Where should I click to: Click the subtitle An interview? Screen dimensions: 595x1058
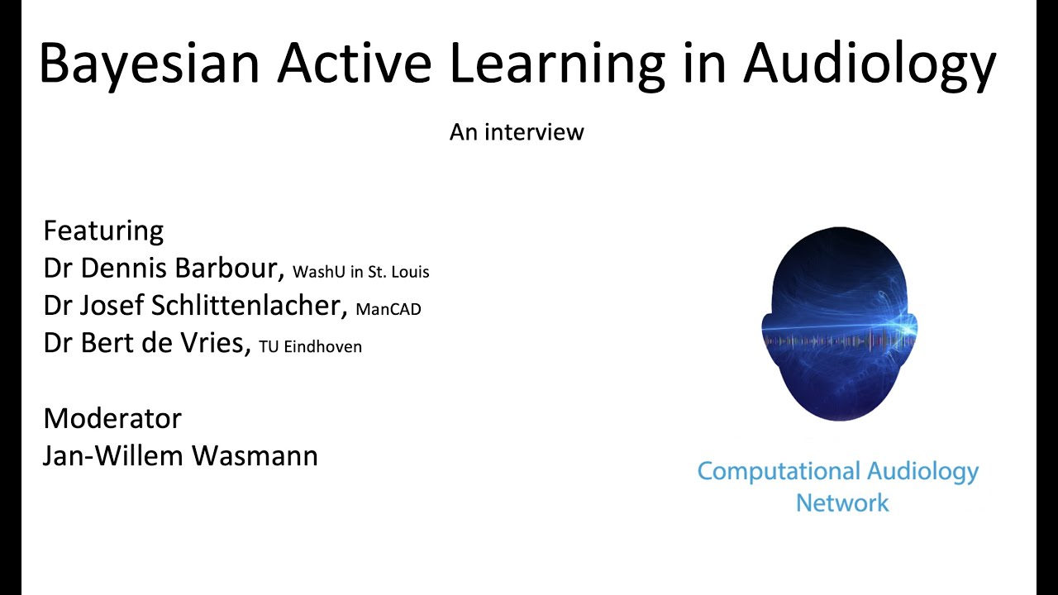click(517, 132)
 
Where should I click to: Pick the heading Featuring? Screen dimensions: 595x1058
click(103, 231)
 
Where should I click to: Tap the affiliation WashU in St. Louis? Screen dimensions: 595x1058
click(361, 272)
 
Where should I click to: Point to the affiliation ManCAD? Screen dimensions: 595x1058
click(388, 310)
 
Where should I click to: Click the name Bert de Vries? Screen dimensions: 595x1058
click(164, 343)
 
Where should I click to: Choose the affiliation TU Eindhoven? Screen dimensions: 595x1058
click(310, 347)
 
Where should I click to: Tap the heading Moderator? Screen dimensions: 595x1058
click(112, 418)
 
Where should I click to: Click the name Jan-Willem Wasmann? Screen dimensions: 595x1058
click(180, 455)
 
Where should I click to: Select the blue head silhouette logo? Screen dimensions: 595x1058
click(838, 322)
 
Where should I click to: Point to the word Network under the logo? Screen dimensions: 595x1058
click(842, 502)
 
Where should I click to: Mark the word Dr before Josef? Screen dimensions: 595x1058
click(58, 306)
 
